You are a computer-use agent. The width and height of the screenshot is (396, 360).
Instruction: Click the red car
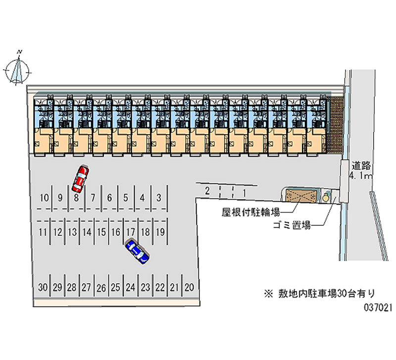[80, 179]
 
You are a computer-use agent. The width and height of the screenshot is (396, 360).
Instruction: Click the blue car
[138, 252]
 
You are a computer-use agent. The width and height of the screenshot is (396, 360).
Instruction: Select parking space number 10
[45, 198]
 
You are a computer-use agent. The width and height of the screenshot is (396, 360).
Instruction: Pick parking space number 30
[43, 287]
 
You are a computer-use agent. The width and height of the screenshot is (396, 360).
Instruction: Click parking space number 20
[189, 287]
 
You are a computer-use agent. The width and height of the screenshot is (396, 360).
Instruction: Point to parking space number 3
[158, 198]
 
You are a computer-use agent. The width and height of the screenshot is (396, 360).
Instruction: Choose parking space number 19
[159, 231]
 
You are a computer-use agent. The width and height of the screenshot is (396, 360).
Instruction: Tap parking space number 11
[43, 231]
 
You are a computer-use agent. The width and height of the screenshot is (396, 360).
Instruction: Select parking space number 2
[207, 191]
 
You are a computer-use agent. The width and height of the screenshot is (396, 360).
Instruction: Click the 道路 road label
[361, 166]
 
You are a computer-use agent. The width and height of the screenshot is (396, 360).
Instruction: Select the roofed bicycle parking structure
[300, 196]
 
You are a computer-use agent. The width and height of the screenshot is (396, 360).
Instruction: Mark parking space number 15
[101, 231]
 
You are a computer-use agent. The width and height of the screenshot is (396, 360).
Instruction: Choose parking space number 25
[115, 287]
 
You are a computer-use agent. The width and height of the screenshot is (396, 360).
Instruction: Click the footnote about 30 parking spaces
[322, 293]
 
